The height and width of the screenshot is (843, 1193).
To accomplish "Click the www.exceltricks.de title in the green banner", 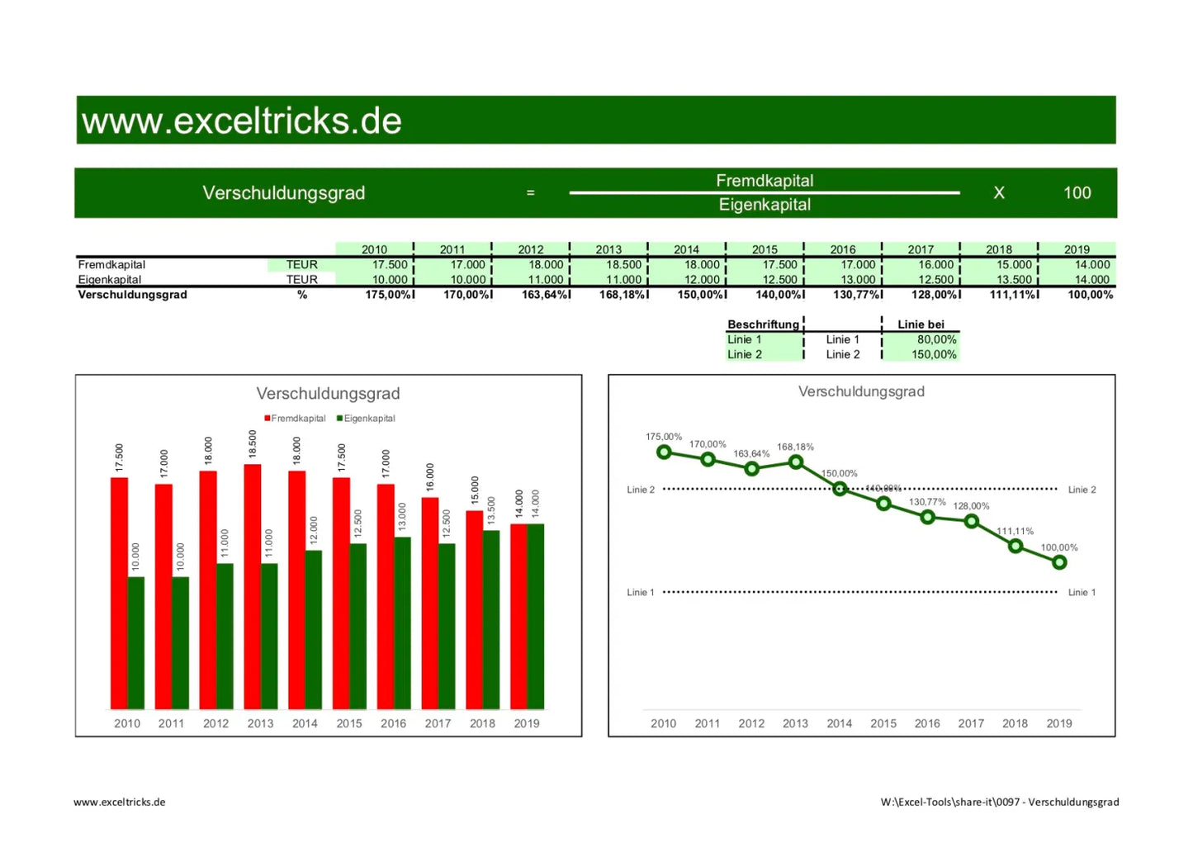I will point(242,121).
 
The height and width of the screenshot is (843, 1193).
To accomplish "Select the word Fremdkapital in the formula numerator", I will point(765,181).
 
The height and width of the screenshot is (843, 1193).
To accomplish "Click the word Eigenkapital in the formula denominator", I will point(765,205).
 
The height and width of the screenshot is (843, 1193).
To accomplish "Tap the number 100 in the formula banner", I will point(1077,193).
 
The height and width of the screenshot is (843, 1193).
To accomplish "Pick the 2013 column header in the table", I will point(608,249).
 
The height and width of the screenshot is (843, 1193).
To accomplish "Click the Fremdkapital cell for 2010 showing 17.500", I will point(390,265).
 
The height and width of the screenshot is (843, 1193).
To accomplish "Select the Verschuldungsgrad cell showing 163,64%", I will point(545,295).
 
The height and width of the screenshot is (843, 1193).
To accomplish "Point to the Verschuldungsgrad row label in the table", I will point(132,295).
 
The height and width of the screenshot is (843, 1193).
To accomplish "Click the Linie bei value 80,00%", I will point(936,339).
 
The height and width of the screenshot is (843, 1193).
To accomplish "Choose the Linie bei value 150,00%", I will point(934,354).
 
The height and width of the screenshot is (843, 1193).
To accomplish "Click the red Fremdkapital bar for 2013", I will point(253,586).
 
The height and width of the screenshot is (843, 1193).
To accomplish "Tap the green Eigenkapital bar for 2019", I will point(536,616).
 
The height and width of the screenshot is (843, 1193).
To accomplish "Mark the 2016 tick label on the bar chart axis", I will point(393,723).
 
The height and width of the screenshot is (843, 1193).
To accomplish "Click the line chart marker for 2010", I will point(664,452).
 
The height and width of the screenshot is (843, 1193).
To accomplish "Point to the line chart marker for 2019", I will point(1059,562).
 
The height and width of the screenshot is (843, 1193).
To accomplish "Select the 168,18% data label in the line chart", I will point(795,447).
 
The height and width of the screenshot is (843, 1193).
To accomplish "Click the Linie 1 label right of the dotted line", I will point(1082,592).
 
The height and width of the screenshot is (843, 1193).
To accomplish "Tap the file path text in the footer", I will point(999,802).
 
